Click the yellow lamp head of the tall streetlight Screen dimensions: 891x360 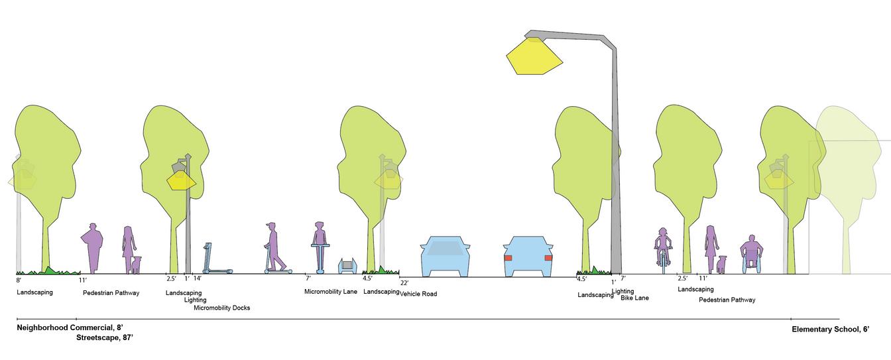point(534,56)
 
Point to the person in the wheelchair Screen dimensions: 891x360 point(751,253)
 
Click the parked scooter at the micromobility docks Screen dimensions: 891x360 point(214,259)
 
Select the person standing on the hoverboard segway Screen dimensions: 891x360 point(320,246)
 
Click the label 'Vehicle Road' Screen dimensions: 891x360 point(418,294)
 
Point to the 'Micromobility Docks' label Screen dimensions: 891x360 point(221,308)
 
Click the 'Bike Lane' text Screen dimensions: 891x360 point(634,298)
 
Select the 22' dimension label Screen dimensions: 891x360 point(404,283)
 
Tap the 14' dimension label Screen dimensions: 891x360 point(197,279)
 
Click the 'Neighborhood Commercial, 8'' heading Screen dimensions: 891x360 point(70,328)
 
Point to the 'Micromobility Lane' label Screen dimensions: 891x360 point(331,291)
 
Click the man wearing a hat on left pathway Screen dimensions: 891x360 point(92,247)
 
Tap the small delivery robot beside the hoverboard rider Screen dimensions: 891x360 point(348,266)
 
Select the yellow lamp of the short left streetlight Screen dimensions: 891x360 point(180,180)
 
